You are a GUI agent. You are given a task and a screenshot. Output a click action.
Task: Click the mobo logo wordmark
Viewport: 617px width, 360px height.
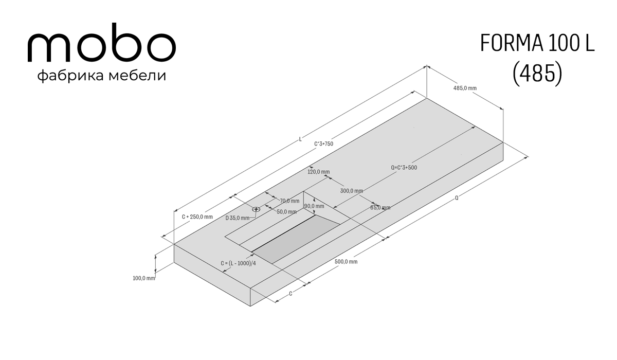(x=102, y=43)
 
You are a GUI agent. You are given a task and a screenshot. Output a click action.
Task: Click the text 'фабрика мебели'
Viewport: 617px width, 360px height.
(x=102, y=76)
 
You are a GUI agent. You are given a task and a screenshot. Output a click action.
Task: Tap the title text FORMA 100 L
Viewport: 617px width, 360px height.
(x=537, y=44)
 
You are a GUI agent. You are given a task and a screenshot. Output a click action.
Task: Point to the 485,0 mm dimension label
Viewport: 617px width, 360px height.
(x=465, y=88)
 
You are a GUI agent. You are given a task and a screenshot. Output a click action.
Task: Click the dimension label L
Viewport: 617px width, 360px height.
(x=300, y=139)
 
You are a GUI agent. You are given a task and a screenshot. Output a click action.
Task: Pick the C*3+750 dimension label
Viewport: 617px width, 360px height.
(x=323, y=144)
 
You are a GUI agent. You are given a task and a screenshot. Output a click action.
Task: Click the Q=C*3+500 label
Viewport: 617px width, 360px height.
(x=404, y=168)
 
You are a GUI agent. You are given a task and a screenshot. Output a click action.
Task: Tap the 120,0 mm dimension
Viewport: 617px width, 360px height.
(x=318, y=172)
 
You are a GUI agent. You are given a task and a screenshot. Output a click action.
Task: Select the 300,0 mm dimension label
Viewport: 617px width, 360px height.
(x=352, y=191)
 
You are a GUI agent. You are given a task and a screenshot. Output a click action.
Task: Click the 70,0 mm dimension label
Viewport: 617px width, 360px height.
(x=289, y=201)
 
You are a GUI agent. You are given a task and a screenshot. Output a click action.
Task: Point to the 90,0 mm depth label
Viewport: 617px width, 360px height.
(x=314, y=206)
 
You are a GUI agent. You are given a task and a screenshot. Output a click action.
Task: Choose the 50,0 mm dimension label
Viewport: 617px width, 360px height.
(x=287, y=212)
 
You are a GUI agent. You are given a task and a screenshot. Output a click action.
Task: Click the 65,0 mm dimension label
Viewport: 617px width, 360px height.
(x=380, y=208)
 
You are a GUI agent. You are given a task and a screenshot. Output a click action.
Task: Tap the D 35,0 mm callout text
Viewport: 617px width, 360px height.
(x=237, y=218)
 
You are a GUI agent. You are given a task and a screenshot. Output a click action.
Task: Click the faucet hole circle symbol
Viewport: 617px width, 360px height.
(x=256, y=209)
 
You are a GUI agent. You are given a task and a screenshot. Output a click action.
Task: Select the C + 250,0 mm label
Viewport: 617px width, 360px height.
(x=197, y=217)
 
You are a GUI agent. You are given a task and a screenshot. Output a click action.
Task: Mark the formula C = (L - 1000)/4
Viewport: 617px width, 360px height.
(x=238, y=263)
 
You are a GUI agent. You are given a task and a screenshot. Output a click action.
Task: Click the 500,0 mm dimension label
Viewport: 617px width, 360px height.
(x=346, y=262)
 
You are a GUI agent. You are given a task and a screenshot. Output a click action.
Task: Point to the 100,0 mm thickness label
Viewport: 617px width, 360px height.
(x=144, y=278)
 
